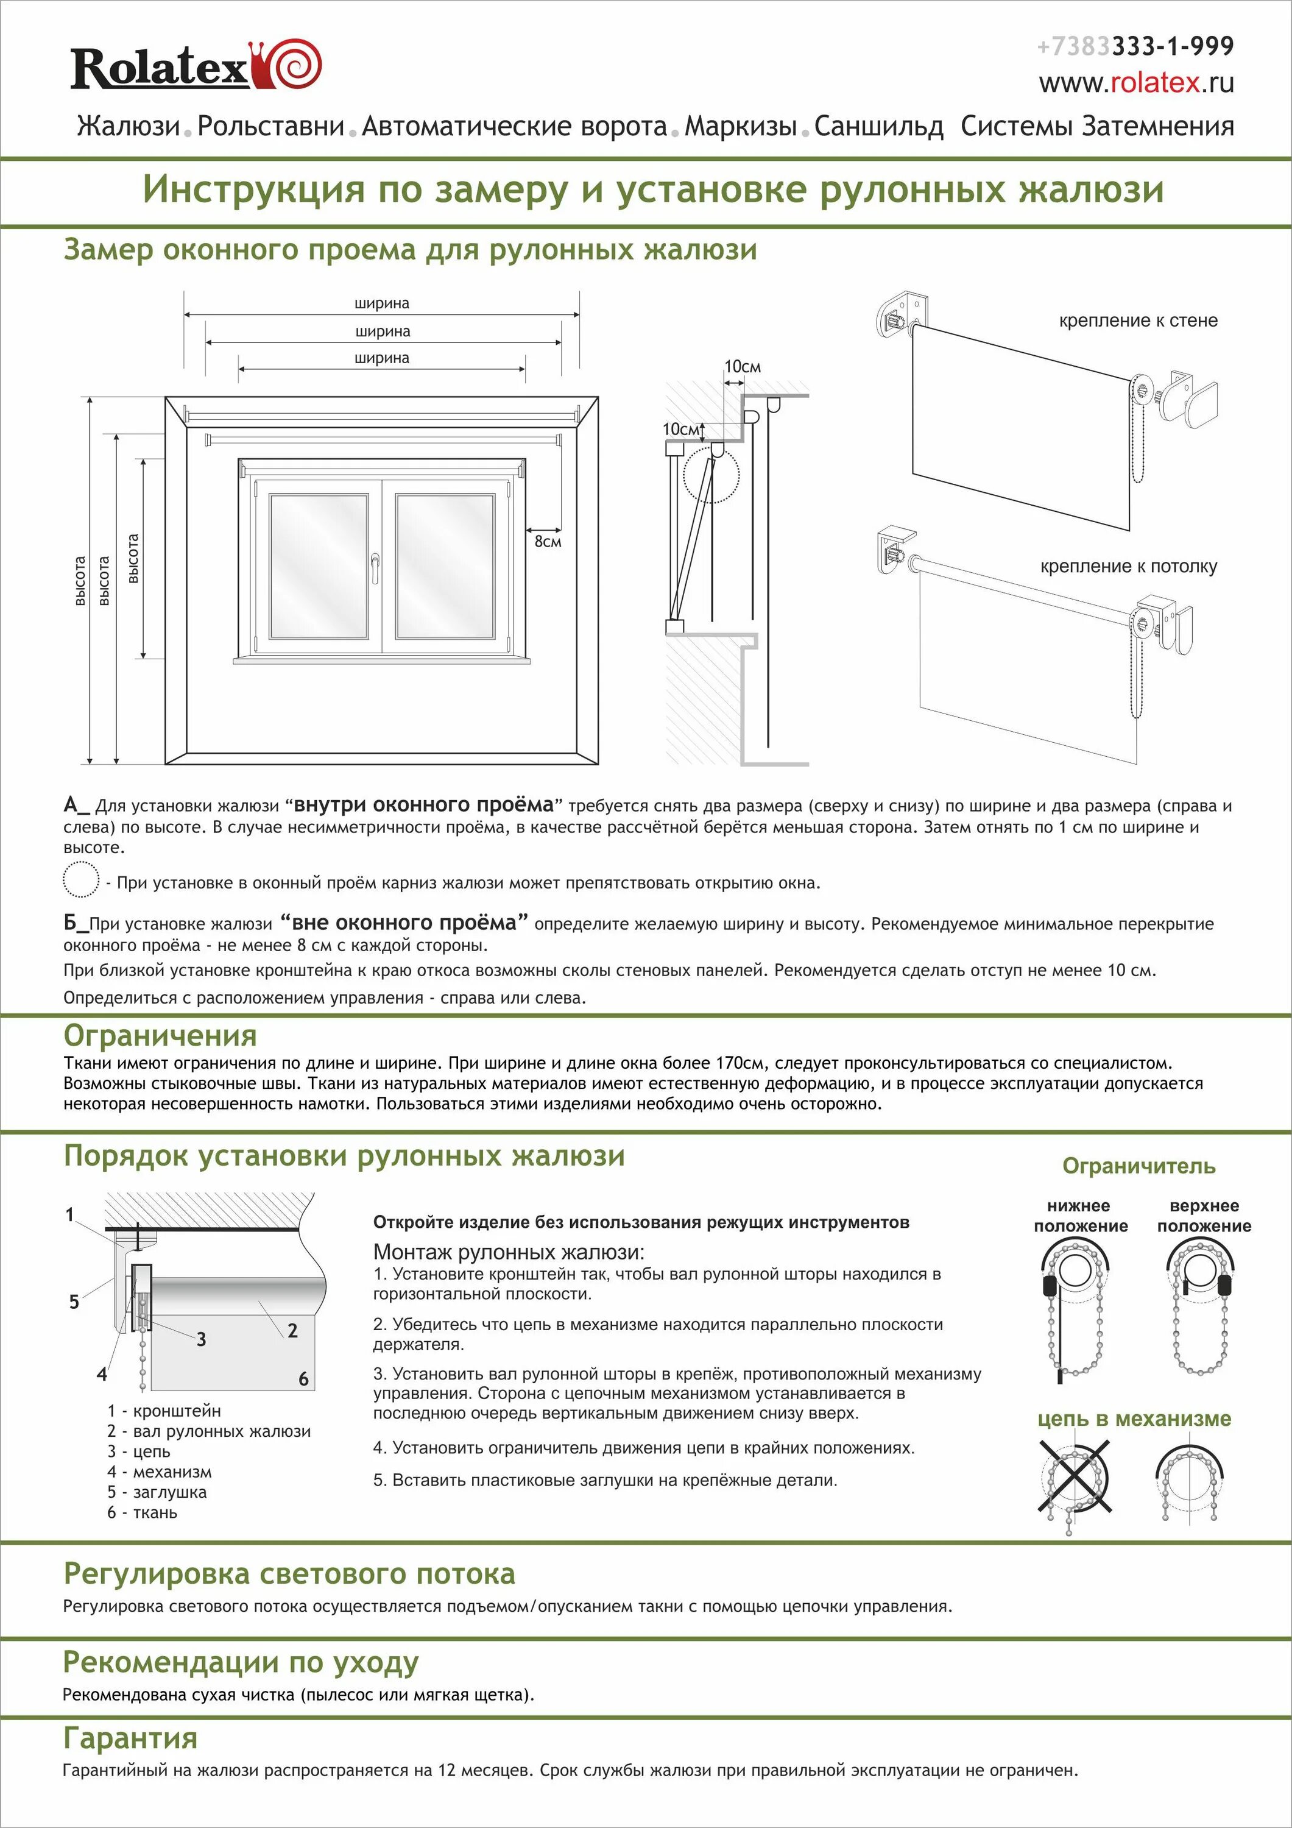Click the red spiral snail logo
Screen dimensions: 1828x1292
295,65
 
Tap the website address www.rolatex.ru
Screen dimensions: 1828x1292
1136,83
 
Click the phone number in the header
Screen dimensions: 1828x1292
1135,46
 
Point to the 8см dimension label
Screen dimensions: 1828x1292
548,542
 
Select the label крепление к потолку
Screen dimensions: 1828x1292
1128,566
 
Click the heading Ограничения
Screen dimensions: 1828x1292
160,1035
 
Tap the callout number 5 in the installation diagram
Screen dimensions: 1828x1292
74,1302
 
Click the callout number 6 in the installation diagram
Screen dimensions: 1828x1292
303,1379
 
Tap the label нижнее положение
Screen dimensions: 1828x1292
1080,1216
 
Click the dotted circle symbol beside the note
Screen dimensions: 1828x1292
80,880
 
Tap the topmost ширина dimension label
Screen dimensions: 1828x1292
382,303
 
